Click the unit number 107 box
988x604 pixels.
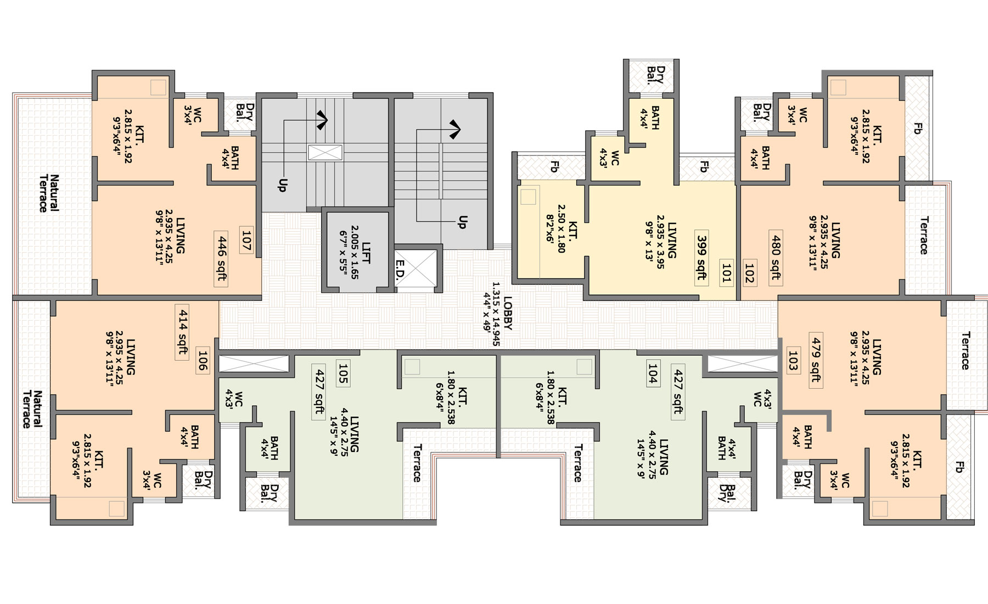[x=246, y=239]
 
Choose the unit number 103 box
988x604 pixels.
[x=792, y=359]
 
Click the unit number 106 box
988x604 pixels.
[x=203, y=361]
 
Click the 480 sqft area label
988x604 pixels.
[x=775, y=257]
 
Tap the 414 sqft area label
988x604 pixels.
[x=182, y=332]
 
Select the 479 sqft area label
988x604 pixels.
[x=816, y=359]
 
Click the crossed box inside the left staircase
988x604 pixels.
[x=325, y=153]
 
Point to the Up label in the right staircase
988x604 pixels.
[x=463, y=222]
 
